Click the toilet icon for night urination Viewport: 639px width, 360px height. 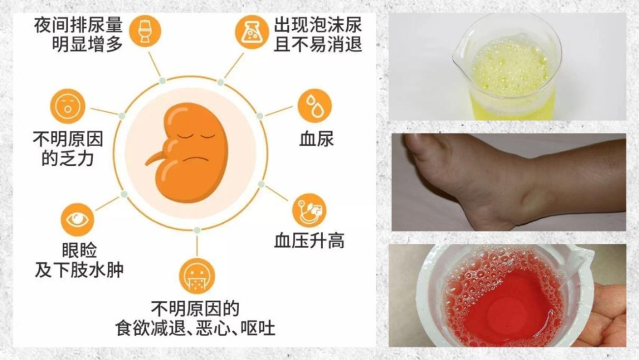145,31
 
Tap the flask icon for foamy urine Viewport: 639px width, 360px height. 252,32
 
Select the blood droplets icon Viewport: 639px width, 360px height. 315,106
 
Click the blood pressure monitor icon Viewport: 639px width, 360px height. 309,211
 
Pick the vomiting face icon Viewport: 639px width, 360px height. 197,276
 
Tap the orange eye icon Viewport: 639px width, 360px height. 78,220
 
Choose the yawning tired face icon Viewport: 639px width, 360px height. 67,107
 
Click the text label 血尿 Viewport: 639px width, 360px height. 317,139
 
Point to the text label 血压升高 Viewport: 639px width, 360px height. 309,241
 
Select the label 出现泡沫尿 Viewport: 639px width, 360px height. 318,25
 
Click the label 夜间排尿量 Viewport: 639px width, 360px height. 78,25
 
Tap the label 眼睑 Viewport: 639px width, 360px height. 79,250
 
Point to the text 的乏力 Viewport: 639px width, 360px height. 67,159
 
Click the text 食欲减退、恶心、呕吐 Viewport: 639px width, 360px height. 195,328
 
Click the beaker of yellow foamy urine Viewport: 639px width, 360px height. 507,67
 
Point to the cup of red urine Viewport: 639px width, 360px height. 505,295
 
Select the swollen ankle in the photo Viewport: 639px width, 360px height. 526,192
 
